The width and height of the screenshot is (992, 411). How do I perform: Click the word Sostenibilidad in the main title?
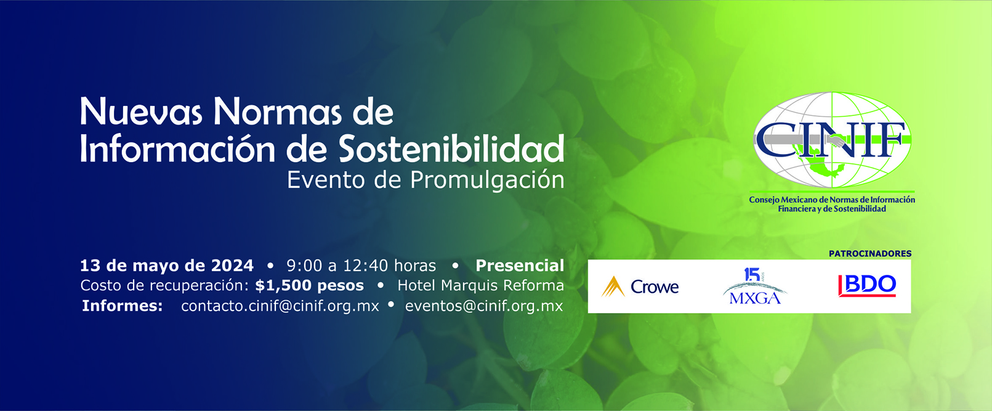tap(451, 149)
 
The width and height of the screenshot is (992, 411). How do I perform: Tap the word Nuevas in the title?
tap(141, 112)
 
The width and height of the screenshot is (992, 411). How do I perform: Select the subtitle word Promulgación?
tap(487, 180)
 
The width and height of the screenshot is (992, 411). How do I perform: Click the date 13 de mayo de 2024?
tap(167, 266)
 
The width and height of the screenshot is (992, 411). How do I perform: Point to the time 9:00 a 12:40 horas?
tap(361, 266)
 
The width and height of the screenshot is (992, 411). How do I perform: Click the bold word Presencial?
tap(520, 266)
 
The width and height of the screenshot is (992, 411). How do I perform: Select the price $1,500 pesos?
tap(309, 286)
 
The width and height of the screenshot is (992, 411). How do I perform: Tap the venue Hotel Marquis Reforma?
tap(480, 286)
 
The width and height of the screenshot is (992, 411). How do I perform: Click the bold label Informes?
tap(123, 306)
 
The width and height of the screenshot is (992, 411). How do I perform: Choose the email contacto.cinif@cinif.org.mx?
tap(280, 306)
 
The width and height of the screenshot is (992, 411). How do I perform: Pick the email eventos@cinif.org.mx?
tap(484, 306)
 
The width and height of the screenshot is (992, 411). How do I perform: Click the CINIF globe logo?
tap(832, 140)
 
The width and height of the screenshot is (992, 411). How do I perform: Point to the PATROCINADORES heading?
tap(869, 253)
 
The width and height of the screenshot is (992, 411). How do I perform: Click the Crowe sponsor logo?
tap(640, 287)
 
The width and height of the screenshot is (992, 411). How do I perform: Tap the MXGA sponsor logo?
tap(754, 287)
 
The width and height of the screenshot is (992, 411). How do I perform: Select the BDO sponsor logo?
tap(867, 285)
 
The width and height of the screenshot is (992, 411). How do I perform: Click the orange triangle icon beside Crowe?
tap(613, 287)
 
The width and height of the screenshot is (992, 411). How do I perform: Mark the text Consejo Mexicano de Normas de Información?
tap(832, 200)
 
